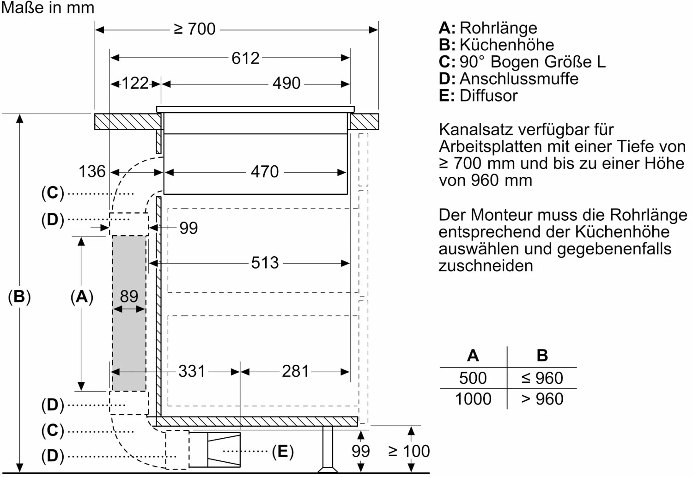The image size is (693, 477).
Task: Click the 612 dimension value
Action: pos(245,58)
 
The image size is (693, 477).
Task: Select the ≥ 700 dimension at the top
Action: pos(195,30)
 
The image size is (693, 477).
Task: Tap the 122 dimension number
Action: pos(135,83)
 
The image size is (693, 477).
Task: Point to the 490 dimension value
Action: pos(286,83)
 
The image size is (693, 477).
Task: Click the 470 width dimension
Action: pos(265,172)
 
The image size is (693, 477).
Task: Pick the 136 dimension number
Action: pos(92,171)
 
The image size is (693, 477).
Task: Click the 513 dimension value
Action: pos(265,263)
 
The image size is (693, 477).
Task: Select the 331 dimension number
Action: pos(192,371)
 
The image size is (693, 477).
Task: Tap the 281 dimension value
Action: pos(295,371)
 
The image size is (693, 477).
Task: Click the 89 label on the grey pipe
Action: pos(129,296)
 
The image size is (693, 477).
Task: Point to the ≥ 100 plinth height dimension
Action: pos(409,451)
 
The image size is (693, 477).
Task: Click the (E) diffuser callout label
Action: pos(283,451)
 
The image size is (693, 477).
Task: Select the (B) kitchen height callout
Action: pos(19,297)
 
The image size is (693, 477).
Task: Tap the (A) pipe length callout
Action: pos(82,297)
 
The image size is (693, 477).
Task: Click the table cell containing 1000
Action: pos(473,399)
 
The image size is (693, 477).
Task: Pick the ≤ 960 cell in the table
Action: pos(542,378)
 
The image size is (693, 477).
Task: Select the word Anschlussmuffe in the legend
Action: pos(519,79)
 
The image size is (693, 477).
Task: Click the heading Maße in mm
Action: pos(48,7)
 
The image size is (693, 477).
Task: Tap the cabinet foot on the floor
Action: pos(328,449)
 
